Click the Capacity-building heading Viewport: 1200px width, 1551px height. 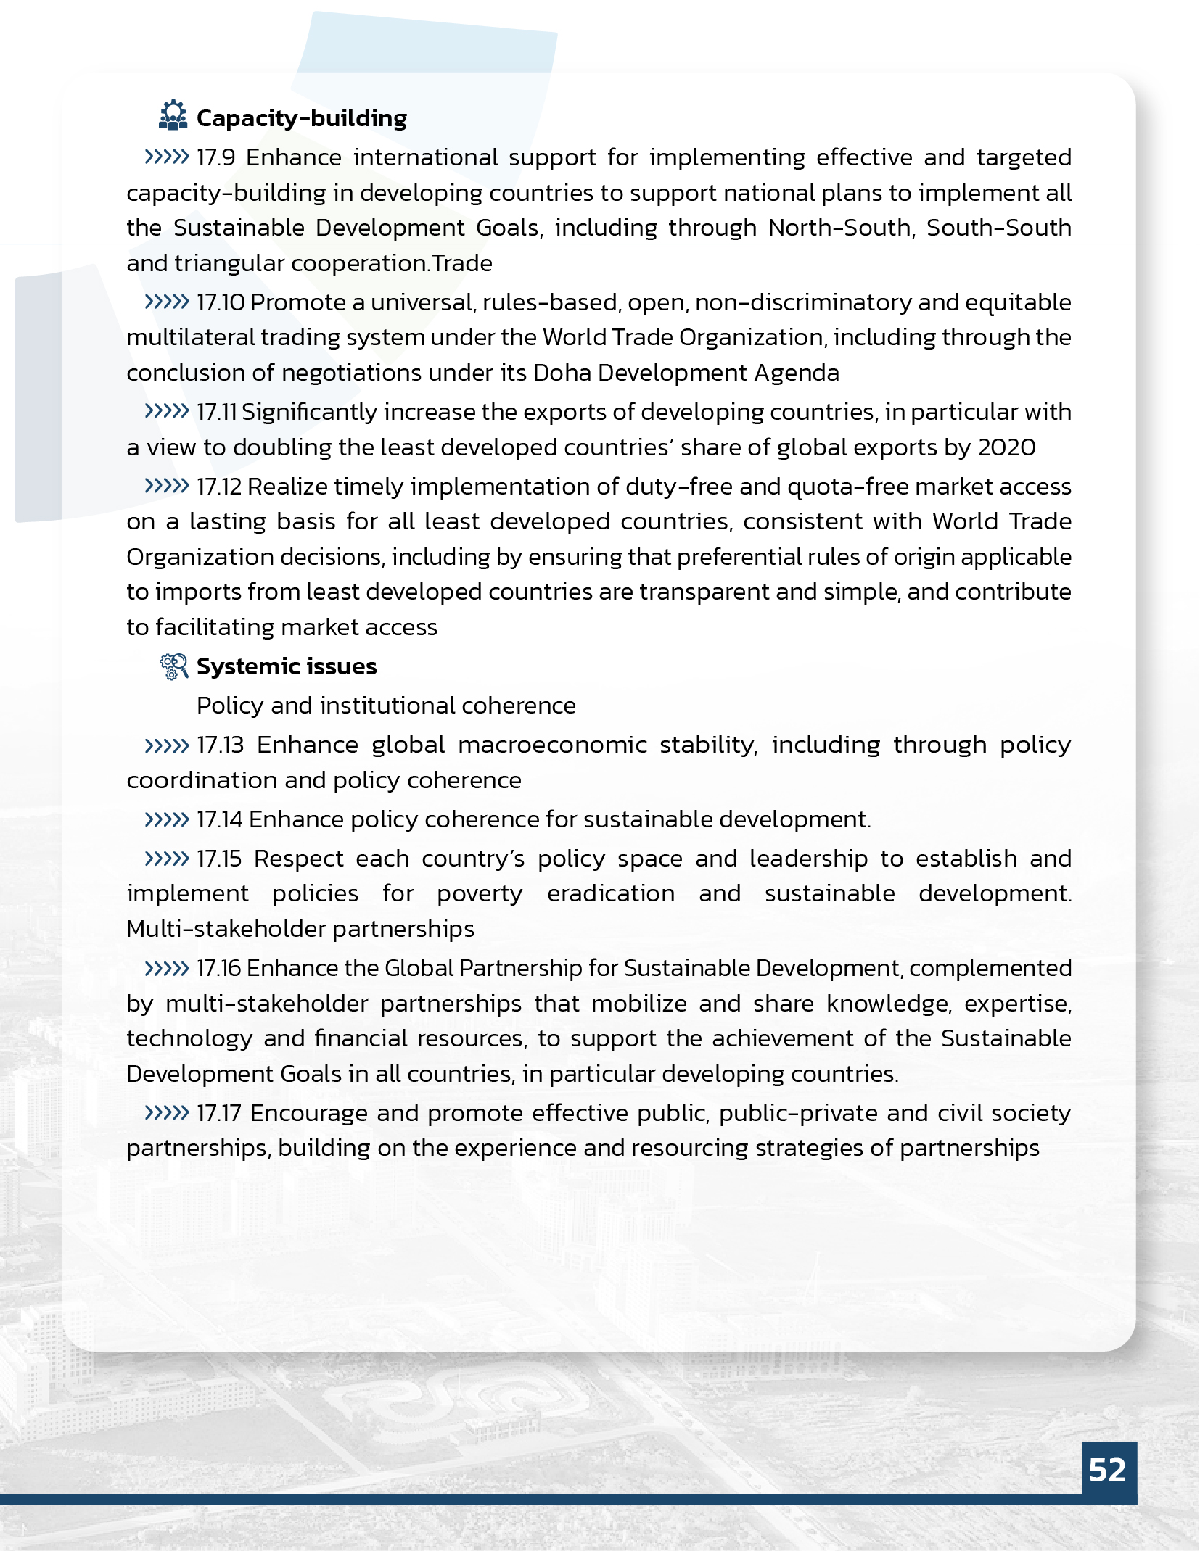(301, 118)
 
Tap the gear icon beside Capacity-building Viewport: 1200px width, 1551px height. (173, 116)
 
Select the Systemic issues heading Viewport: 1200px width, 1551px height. (287, 666)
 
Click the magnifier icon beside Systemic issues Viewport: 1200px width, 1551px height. (174, 666)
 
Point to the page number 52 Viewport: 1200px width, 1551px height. (1108, 1470)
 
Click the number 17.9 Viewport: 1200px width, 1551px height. (216, 157)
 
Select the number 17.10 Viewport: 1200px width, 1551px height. (221, 302)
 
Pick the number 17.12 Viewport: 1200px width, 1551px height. (219, 487)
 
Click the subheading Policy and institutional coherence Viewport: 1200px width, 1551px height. (386, 706)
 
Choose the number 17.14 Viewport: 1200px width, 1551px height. (219, 819)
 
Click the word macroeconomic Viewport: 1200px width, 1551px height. (552, 745)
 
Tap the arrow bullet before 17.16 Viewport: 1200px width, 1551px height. (166, 968)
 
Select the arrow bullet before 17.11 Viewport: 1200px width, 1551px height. (166, 412)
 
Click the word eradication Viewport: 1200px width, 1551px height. (611, 893)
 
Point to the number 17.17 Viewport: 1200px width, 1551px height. (218, 1113)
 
